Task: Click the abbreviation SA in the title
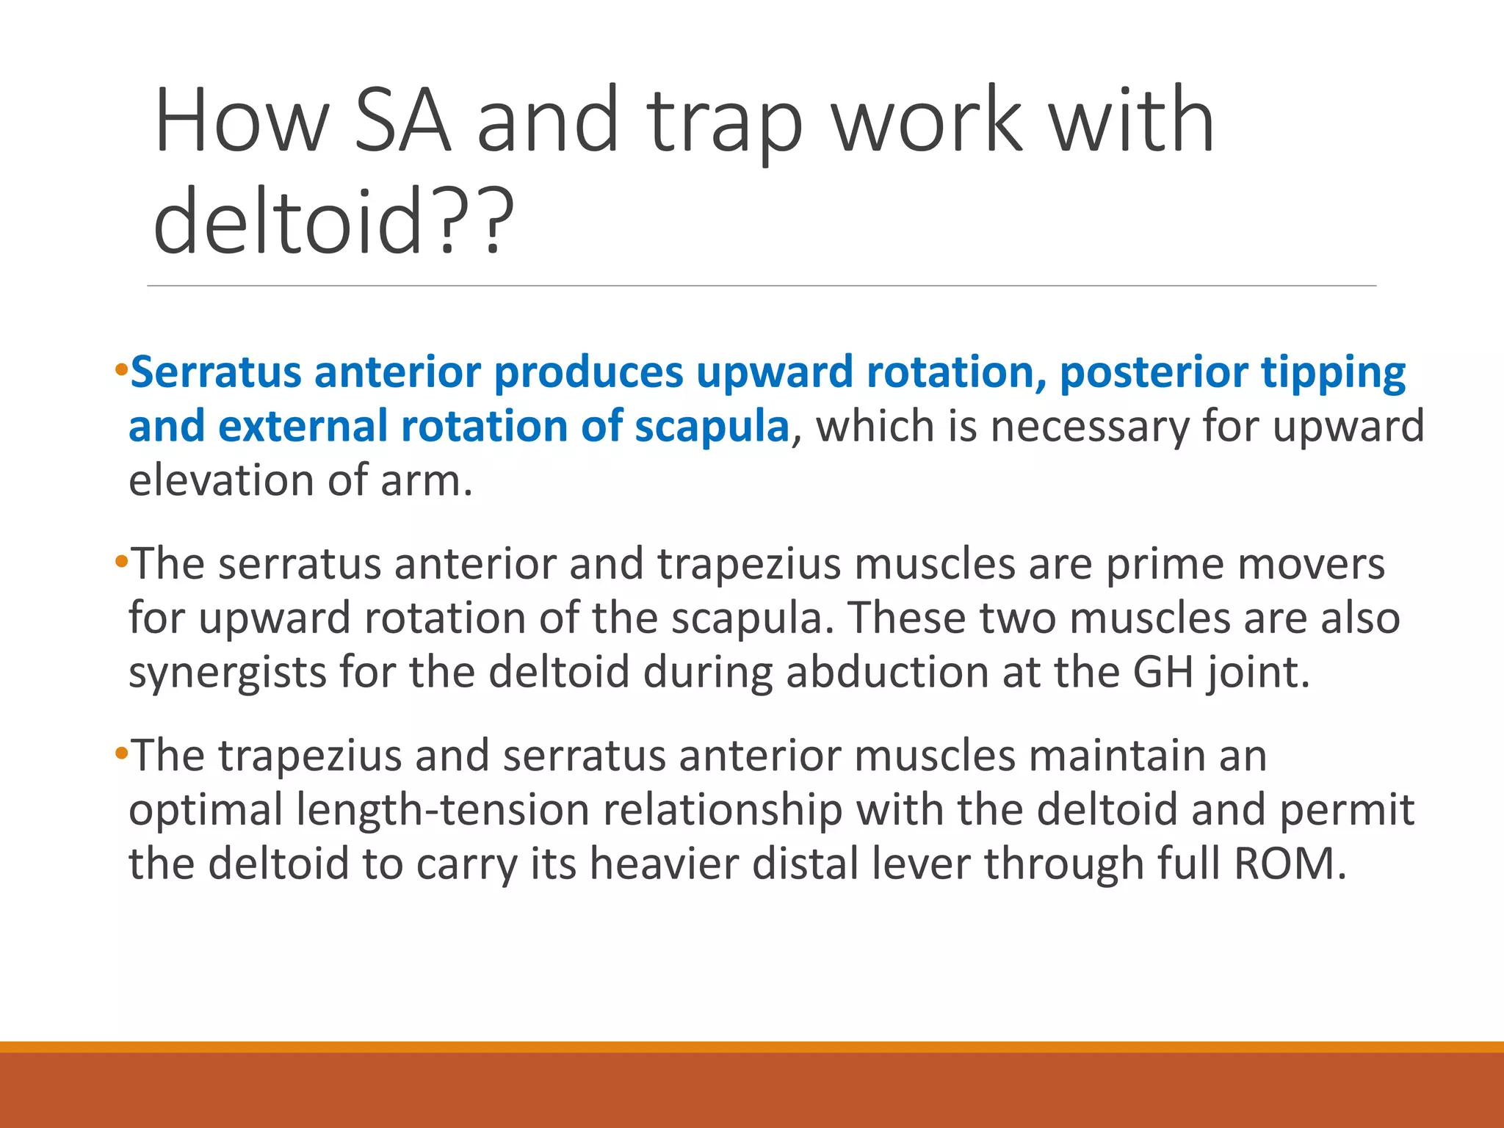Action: click(402, 121)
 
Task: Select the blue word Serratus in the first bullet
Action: click(215, 372)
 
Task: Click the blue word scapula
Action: click(712, 427)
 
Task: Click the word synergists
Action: click(227, 673)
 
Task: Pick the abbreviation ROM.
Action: click(1290, 864)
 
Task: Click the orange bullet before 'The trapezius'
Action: click(121, 753)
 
